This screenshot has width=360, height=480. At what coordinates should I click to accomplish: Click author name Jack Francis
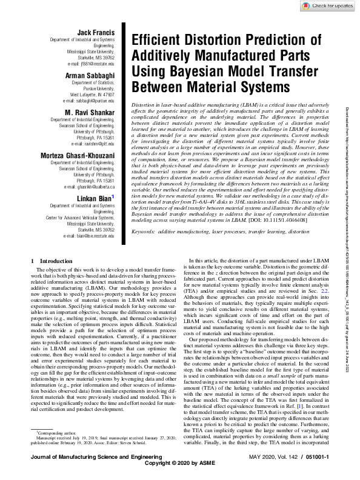click(98, 32)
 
